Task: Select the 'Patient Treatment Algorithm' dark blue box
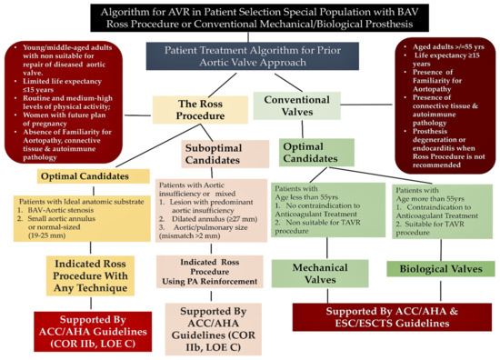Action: (x=251, y=54)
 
